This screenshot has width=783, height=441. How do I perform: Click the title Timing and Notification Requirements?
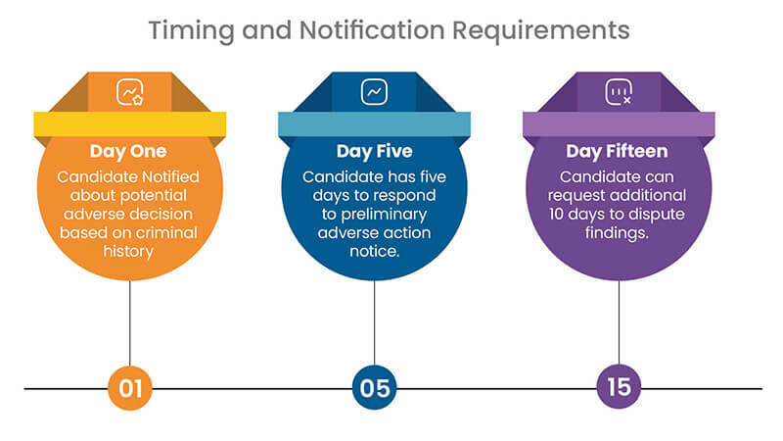click(x=389, y=30)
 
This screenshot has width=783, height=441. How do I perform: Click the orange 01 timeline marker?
click(x=130, y=387)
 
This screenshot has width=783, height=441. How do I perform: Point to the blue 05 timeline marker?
click(x=374, y=387)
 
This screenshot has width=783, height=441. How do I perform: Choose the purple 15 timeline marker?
click(x=619, y=387)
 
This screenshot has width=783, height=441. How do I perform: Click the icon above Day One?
click(x=130, y=92)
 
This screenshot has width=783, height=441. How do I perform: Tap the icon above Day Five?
click(x=374, y=92)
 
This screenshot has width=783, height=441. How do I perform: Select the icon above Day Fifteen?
click(x=619, y=92)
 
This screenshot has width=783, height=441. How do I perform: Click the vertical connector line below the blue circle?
click(x=374, y=323)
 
